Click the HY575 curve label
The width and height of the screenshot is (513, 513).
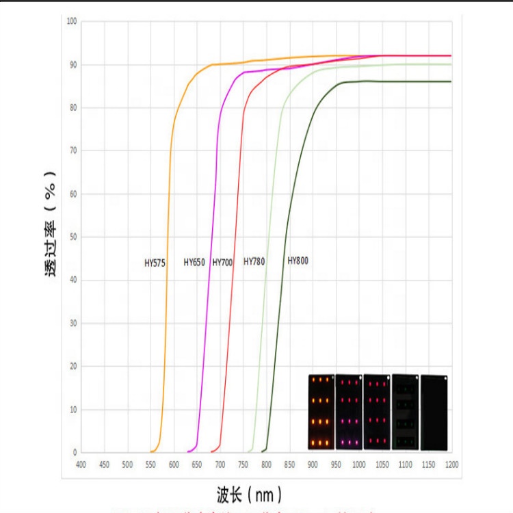[x=155, y=262]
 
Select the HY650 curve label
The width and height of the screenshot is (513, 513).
[x=194, y=262]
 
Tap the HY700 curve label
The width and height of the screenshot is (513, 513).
[x=222, y=262]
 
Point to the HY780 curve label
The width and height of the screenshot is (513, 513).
[x=254, y=261]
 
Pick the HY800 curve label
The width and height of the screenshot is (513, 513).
[x=298, y=260]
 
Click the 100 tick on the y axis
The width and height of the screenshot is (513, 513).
[x=72, y=21]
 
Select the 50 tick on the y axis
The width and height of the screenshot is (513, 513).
[x=73, y=237]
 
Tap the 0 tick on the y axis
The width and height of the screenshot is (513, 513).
[x=75, y=452]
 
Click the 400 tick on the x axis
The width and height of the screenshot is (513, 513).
[x=81, y=465]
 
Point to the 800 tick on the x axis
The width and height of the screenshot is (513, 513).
[x=266, y=465]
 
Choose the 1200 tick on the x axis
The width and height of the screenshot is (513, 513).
[x=451, y=465]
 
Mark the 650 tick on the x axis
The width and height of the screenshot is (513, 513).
[x=196, y=465]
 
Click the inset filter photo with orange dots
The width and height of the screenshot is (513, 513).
[x=321, y=412]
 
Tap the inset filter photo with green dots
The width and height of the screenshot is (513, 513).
[x=405, y=412]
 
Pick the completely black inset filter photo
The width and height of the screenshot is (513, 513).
[x=434, y=412]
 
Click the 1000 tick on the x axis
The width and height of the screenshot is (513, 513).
[x=358, y=465]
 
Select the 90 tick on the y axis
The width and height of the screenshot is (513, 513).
[x=73, y=64]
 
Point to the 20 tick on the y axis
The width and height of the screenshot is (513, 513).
[x=73, y=366]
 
